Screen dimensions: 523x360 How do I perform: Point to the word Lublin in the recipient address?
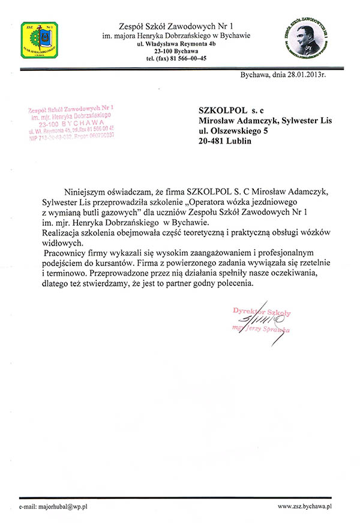[240, 142]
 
